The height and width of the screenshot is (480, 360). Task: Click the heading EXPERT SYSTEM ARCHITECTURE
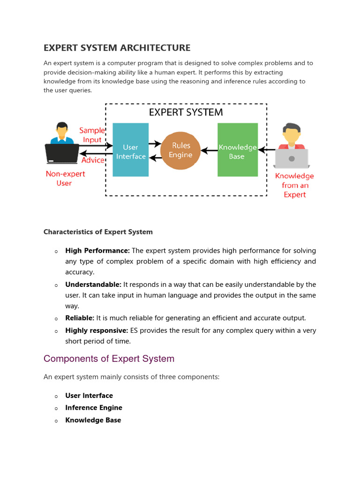coord(117,48)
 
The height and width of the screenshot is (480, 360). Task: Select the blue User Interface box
coord(131,150)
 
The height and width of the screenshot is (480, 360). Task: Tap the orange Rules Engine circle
coord(180,150)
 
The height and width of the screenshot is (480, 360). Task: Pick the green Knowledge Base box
coord(237,150)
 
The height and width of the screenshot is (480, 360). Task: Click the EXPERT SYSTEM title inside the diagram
coord(186,112)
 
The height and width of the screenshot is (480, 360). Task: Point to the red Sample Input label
coord(92,135)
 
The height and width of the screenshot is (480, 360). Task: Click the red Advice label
coord(93,160)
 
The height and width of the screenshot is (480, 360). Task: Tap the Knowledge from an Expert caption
coord(294,185)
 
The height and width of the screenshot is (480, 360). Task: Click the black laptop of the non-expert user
coord(62,153)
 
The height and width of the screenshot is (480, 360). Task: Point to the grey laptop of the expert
coord(292,158)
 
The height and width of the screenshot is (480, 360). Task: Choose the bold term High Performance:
coord(97,251)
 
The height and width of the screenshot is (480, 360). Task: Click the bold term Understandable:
coord(93,285)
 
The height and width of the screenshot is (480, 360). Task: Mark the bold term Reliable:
coord(80,318)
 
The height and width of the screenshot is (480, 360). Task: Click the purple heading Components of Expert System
coord(109,359)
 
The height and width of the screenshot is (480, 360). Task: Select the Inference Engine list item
coord(94,408)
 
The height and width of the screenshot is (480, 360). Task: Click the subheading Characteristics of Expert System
coord(98,232)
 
